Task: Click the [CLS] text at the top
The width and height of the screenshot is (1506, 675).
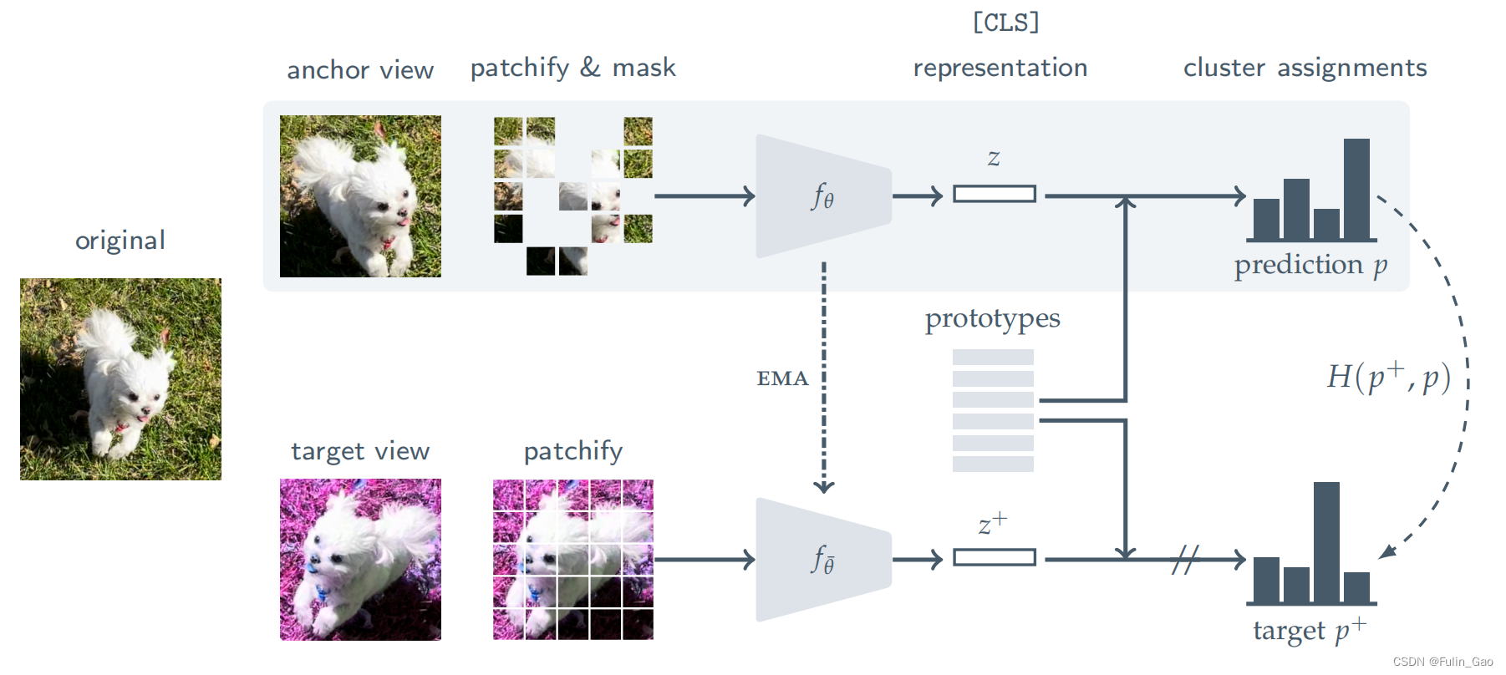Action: tap(1005, 23)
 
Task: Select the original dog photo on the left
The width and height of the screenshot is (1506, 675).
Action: tap(120, 378)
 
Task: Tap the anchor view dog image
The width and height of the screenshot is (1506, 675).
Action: tap(360, 196)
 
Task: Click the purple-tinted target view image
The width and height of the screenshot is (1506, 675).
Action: tap(360, 559)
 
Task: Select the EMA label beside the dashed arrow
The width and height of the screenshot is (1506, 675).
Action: tap(782, 378)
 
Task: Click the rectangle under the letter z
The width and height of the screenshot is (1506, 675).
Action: tap(994, 194)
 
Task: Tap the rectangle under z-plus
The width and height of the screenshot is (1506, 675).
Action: tap(994, 557)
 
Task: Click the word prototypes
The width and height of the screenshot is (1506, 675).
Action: tap(992, 318)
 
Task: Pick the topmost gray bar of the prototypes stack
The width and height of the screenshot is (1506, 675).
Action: tap(993, 357)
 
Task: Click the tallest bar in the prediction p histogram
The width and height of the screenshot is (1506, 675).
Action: tap(1356, 190)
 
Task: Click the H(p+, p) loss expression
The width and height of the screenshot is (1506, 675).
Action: tap(1388, 377)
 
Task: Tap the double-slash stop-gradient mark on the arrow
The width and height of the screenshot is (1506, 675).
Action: tap(1184, 559)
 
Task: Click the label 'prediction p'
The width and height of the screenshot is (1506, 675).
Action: tap(1310, 265)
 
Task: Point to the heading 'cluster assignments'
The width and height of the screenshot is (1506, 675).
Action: tap(1305, 68)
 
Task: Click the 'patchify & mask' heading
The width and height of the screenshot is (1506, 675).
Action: tap(572, 68)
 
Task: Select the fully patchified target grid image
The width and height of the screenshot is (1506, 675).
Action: tap(572, 559)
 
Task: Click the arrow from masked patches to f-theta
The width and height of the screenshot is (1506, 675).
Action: tap(704, 196)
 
